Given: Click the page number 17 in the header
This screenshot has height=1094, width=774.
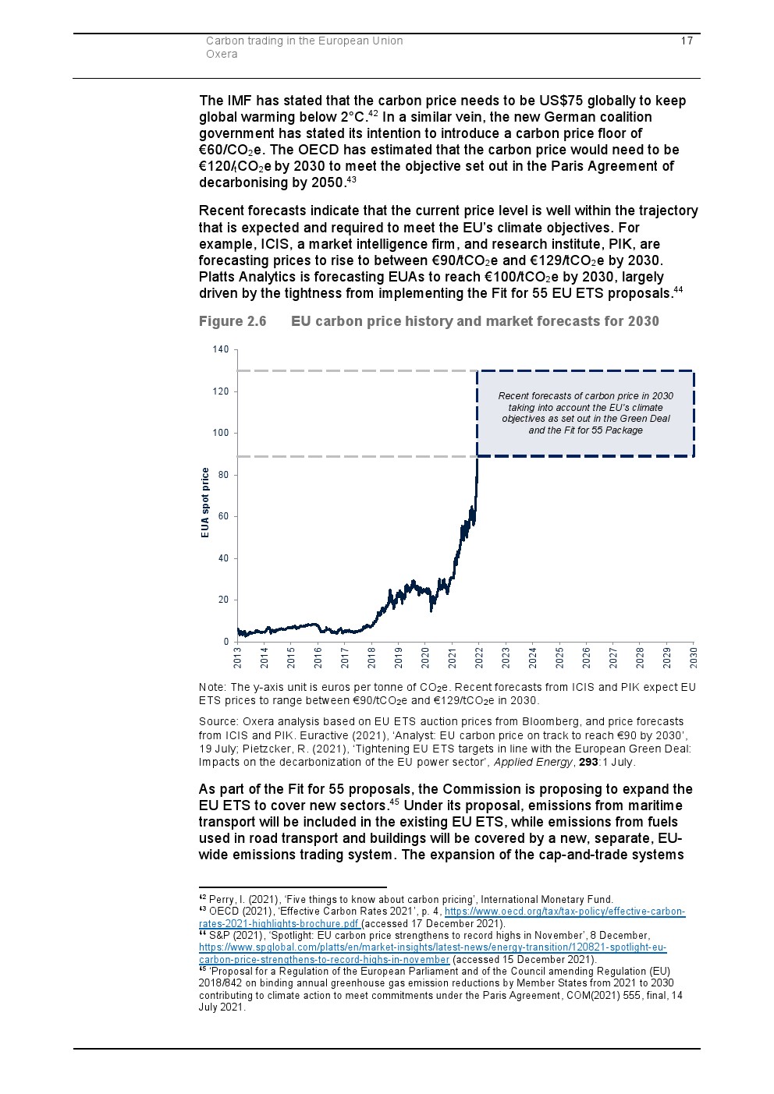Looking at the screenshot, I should coord(687,41).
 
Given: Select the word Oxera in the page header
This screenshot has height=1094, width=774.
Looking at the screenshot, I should coord(222,54).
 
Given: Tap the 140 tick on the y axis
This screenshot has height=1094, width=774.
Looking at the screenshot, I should coord(221,349).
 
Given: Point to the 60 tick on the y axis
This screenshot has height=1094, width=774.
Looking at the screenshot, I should coord(224,516).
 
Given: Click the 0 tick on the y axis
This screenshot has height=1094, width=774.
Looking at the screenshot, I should coord(226,642).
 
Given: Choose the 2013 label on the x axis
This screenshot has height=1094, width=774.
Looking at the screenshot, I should coord(238,657).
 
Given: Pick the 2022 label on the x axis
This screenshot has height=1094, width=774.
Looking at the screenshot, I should coord(479,657).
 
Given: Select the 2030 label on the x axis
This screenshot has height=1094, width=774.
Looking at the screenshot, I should coord(694,657).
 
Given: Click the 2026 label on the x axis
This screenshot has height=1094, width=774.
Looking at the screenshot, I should coord(587,657).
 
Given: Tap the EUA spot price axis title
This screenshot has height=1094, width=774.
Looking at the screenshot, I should coord(205,503).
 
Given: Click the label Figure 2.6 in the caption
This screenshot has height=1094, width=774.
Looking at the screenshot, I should coord(233,321).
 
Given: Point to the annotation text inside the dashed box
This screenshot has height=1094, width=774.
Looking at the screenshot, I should coord(585,413).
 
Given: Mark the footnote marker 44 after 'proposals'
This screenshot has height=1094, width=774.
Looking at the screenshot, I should coord(678,290).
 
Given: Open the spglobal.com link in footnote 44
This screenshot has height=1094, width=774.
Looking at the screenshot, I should coord(432,947).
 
